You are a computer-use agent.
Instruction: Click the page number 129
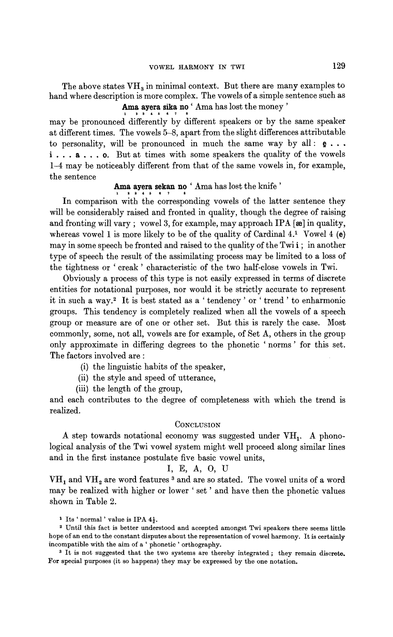coord(336,66)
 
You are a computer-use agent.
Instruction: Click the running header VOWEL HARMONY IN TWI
coord(196,67)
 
